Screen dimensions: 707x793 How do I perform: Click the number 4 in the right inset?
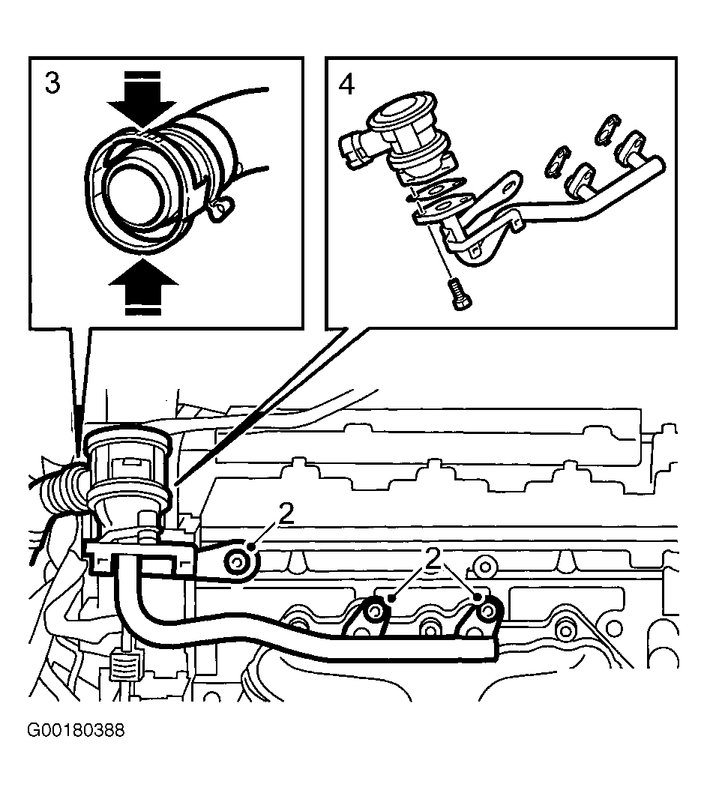point(346,84)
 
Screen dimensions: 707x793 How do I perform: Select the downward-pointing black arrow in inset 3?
point(142,100)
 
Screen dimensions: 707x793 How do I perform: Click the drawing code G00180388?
point(76,731)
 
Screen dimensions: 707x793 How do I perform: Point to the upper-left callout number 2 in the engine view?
point(286,514)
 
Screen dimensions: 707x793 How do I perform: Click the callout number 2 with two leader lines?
point(433,558)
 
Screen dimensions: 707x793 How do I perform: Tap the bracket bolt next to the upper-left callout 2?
point(237,561)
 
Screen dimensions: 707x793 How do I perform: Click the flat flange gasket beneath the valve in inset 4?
point(443,209)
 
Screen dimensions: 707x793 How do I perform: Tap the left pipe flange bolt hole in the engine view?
point(376,612)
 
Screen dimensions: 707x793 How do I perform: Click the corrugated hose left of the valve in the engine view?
point(63,491)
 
